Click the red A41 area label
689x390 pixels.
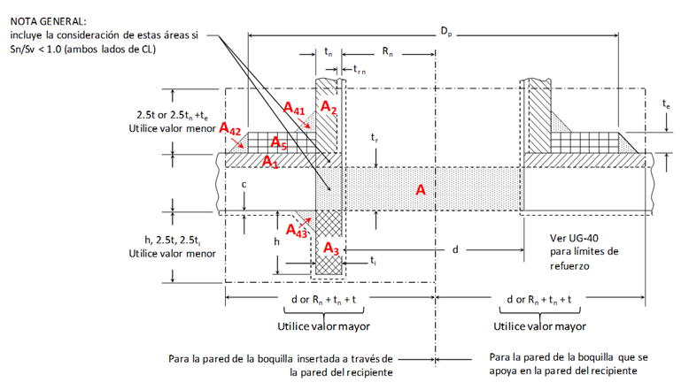(294, 109)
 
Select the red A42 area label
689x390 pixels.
(229, 129)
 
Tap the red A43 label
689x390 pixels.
(297, 230)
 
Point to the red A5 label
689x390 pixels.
(279, 142)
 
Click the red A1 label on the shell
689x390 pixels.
(270, 162)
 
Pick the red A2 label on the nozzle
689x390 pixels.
(329, 107)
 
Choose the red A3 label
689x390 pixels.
(331, 249)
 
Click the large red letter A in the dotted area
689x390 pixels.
(421, 189)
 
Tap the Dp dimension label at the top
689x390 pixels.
(446, 32)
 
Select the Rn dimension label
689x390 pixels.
(387, 52)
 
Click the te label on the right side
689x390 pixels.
(667, 104)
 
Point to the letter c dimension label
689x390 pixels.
(244, 184)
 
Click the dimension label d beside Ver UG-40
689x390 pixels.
(456, 249)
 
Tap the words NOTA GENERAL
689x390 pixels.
(49, 21)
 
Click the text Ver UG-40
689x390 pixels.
(574, 238)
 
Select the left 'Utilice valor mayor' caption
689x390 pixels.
(324, 326)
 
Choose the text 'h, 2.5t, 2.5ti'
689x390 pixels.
(173, 241)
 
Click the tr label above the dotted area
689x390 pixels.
(375, 138)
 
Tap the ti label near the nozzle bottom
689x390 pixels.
(373, 261)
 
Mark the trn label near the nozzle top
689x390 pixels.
(360, 69)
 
